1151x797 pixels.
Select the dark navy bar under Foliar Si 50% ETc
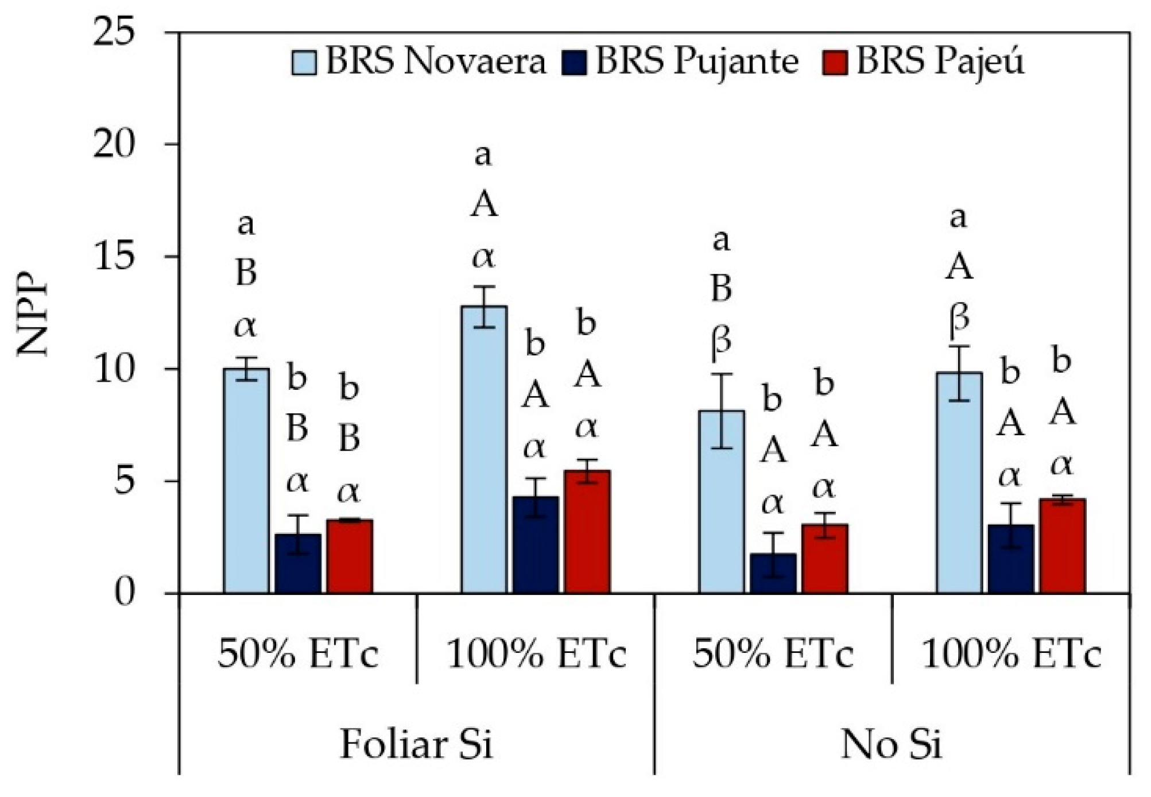pos(298,563)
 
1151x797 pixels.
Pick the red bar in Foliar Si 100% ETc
pos(587,531)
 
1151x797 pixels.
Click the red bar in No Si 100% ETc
pos(1062,545)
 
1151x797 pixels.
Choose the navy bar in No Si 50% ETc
pos(773,573)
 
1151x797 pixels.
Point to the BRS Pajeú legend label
pos(940,61)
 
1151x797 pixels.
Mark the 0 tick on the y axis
pos(125,593)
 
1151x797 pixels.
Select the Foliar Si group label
pos(416,745)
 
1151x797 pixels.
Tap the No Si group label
pos(891,745)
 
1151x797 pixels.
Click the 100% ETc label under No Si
pos(1011,655)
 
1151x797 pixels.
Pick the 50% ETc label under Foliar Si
pos(298,655)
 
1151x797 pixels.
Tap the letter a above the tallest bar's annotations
pos(483,155)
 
